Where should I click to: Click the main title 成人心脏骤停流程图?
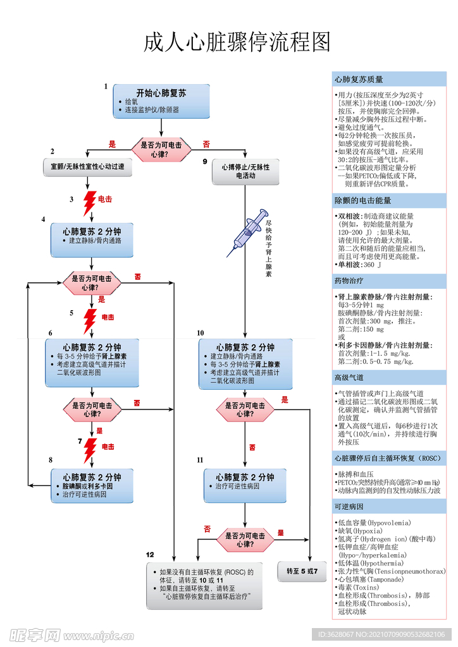pos(238,42)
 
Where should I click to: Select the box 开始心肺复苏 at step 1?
pos(161,100)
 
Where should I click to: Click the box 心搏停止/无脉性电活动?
pos(245,171)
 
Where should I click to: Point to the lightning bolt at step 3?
pos(90,202)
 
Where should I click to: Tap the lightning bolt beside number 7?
pos(90,450)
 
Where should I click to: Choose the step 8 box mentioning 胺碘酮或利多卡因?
pos(92,485)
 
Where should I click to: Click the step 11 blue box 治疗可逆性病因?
pos(245,485)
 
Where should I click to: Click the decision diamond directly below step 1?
pos(161,149)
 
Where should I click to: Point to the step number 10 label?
pos(201,332)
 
